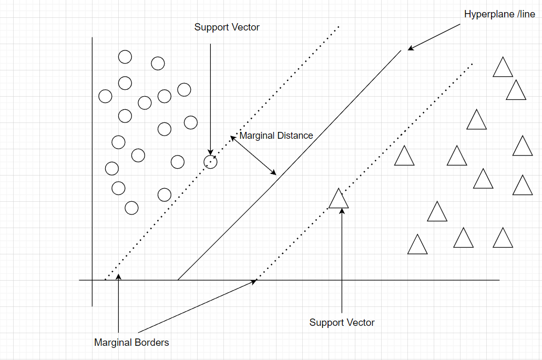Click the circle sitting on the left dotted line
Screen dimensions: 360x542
(210, 162)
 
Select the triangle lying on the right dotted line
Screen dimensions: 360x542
(339, 199)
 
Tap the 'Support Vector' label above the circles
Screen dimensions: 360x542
(227, 27)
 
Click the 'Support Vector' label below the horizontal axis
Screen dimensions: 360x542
(342, 323)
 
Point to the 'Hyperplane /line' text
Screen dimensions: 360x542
(499, 15)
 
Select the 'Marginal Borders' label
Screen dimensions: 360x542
(131, 343)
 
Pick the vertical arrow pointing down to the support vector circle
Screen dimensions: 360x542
(210, 100)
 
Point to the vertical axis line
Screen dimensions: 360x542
(93, 173)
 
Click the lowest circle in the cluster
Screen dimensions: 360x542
(131, 208)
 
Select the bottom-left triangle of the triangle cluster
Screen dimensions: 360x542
(417, 245)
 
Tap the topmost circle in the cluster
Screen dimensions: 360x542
(125, 57)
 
